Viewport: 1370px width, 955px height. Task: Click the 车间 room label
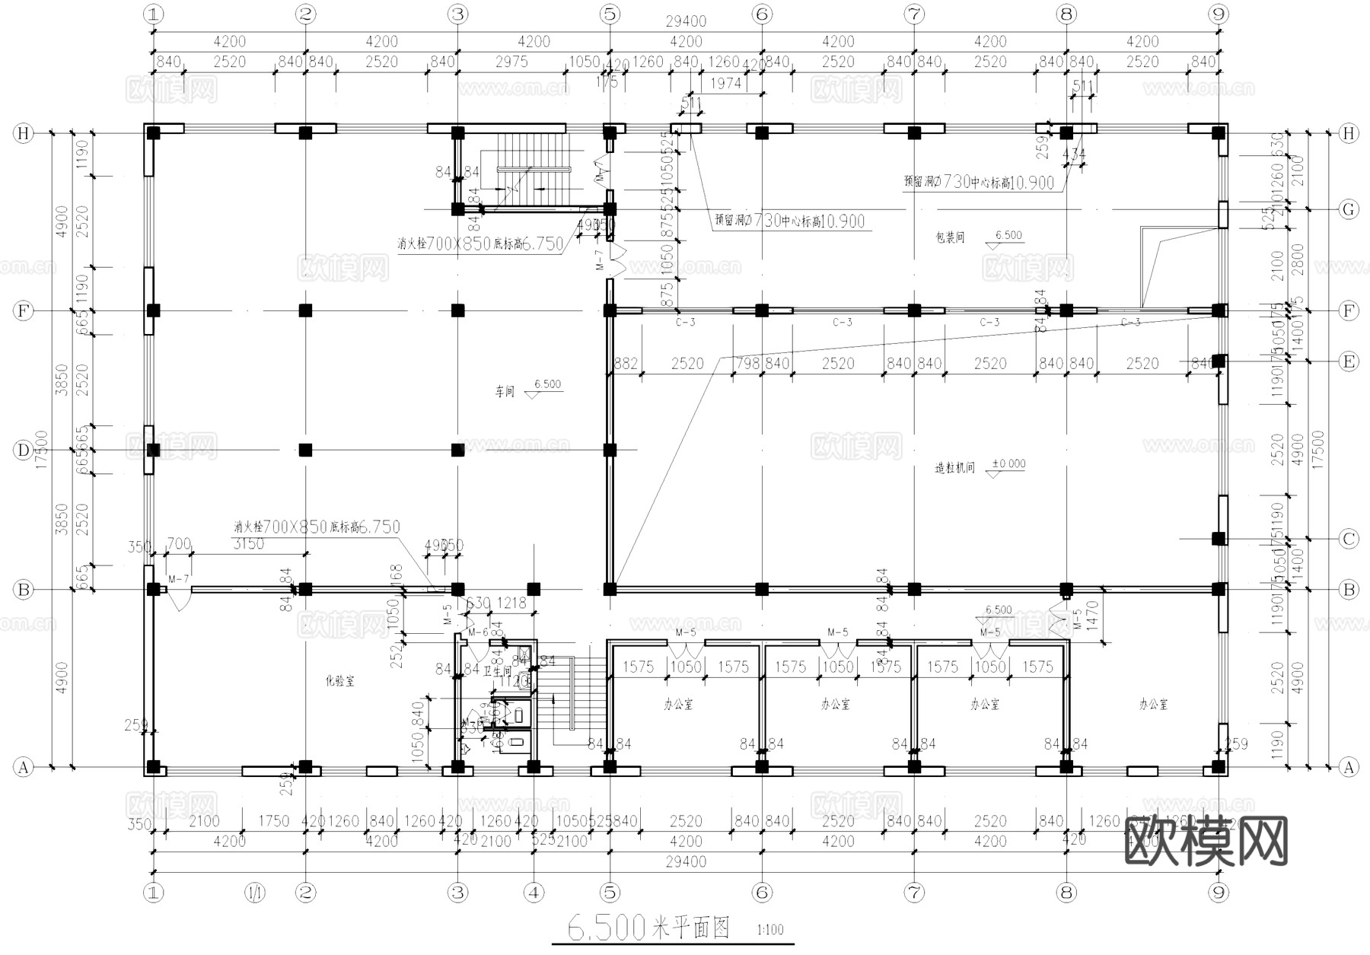505,392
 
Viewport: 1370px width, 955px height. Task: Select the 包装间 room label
950,237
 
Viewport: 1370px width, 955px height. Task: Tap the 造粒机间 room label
954,468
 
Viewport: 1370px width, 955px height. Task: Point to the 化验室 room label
340,681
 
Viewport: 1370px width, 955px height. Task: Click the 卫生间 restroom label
497,671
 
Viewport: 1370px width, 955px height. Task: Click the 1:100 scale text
770,930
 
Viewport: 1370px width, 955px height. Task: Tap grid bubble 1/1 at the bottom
254,892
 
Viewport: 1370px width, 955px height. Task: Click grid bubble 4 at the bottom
534,892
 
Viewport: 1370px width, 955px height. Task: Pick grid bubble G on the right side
1349,209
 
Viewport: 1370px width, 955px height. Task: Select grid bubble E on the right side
1349,361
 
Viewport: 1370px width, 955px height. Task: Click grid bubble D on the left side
24,450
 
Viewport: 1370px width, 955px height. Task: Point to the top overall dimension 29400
686,22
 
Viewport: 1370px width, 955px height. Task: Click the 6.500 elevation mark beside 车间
547,384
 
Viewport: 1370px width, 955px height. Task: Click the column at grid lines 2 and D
305,450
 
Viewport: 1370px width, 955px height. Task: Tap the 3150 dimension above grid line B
248,543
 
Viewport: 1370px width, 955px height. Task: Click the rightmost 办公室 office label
1153,705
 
